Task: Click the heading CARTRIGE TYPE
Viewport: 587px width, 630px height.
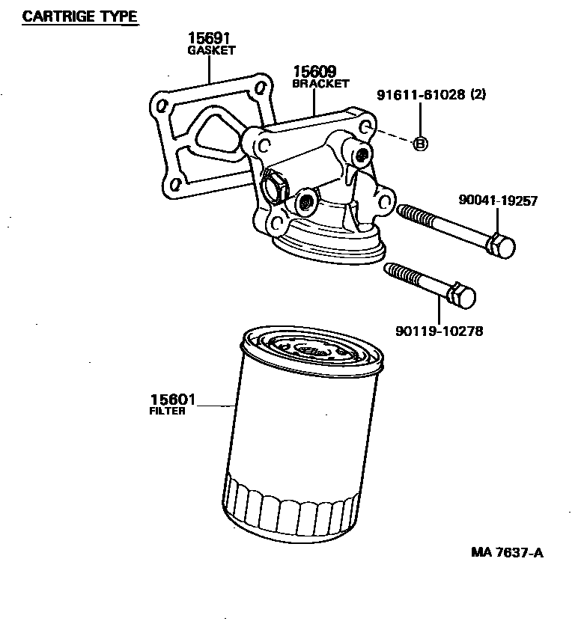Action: (80, 16)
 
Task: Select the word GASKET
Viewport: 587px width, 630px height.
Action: (210, 51)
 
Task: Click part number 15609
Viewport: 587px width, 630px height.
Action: (314, 72)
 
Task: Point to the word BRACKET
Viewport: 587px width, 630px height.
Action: (320, 84)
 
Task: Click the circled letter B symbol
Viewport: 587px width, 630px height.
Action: (420, 144)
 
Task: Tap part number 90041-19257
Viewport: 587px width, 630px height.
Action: (498, 201)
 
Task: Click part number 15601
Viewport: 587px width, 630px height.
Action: (173, 400)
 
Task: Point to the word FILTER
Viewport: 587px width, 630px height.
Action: (168, 411)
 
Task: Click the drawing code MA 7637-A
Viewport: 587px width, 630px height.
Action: (507, 553)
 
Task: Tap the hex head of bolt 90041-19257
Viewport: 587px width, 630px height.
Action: (503, 246)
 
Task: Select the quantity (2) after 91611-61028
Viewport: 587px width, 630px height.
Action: (478, 95)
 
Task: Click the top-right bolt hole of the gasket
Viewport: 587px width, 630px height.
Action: (260, 88)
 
